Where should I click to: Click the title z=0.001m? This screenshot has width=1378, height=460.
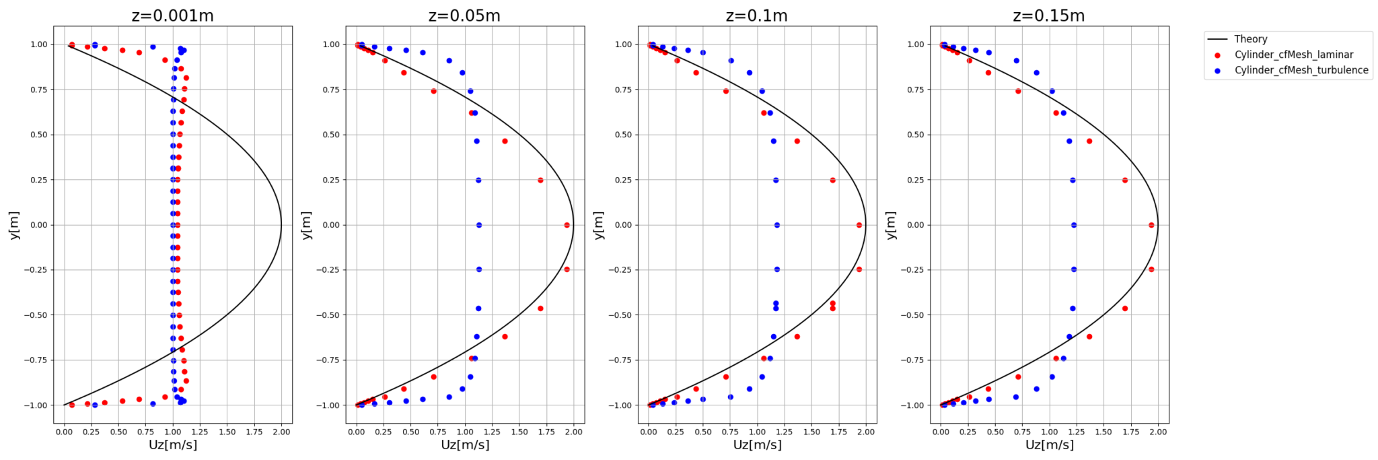[x=173, y=15]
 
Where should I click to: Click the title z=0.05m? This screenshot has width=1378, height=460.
[x=464, y=15]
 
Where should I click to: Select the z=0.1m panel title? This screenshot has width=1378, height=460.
[x=756, y=15]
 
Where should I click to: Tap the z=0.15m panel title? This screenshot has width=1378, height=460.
[x=1048, y=15]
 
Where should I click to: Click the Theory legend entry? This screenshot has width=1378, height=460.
[x=1250, y=39]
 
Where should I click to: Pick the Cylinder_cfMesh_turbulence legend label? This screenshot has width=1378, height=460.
[x=1301, y=70]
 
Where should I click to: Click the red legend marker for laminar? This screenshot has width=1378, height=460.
[x=1217, y=55]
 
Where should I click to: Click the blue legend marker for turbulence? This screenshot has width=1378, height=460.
[x=1217, y=71]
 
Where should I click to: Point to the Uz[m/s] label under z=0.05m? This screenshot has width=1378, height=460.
[x=465, y=445]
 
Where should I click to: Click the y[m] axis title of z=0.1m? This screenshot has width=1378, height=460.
[x=598, y=225]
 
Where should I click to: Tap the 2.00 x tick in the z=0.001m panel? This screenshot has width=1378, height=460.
[x=281, y=432]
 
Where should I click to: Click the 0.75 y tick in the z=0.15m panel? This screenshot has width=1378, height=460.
[x=915, y=90]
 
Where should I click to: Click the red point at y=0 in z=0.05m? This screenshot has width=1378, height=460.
[x=567, y=225]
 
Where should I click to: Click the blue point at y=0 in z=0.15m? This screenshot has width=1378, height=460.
[x=1074, y=225]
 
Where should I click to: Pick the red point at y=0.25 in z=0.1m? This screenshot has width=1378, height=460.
[x=832, y=180]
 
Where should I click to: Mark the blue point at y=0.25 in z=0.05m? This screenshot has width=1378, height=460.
[x=478, y=180]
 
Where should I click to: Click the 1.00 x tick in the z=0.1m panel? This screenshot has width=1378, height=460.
[x=757, y=432]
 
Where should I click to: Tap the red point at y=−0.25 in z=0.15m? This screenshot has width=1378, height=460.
[x=1151, y=269]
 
